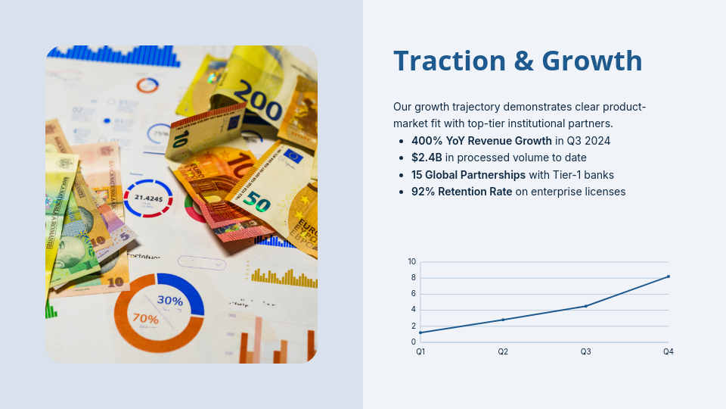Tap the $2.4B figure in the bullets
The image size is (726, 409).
click(x=427, y=158)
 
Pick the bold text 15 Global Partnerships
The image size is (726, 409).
click(x=468, y=175)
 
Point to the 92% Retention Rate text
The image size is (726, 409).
click(x=461, y=192)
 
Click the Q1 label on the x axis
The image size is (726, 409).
click(x=420, y=351)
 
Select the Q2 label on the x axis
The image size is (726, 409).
click(x=503, y=351)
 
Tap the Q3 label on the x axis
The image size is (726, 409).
click(x=586, y=351)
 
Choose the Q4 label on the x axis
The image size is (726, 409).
click(x=669, y=351)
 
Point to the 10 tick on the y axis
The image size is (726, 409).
click(x=412, y=262)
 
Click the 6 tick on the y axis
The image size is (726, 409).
click(x=414, y=294)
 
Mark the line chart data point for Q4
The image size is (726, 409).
click(x=669, y=276)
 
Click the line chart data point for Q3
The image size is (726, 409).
click(x=586, y=306)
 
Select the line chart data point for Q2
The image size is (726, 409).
click(x=503, y=320)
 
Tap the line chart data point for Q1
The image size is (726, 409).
click(x=420, y=333)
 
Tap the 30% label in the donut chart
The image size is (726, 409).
click(x=170, y=301)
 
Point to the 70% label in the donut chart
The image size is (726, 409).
click(x=145, y=319)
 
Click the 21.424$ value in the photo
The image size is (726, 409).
click(x=148, y=198)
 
